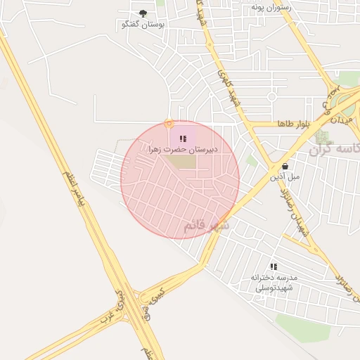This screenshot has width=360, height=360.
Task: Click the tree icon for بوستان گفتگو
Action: (143, 13)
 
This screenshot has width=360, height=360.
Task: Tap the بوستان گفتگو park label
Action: (143, 25)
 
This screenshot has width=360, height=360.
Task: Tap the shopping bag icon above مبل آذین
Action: (284, 166)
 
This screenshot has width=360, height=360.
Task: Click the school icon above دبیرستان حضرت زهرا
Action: (183, 139)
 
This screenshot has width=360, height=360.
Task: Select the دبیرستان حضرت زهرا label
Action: (183, 149)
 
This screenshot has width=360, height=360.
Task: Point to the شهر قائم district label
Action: (206, 226)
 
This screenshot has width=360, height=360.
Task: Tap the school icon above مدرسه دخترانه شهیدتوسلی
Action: (274, 266)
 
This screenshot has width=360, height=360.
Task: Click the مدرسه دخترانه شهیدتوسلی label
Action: (274, 283)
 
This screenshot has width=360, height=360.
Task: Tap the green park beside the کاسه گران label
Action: (323, 136)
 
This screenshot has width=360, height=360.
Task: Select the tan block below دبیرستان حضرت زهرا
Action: (182, 162)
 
